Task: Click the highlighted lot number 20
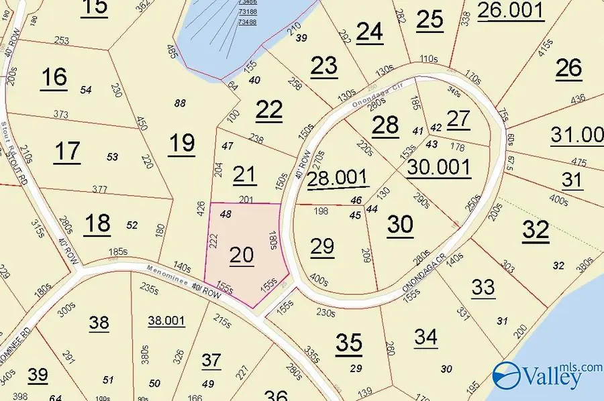pos(242,255)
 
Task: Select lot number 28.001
pos(338,178)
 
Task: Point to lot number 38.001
pos(166,321)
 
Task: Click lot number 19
pos(181,143)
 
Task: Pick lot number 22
pos(269,110)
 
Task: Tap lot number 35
pos(349,343)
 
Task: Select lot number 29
pos(322,246)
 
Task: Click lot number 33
pos(483,287)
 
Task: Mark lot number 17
pos(67,151)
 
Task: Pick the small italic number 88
pos(179,103)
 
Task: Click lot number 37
pos(211,361)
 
